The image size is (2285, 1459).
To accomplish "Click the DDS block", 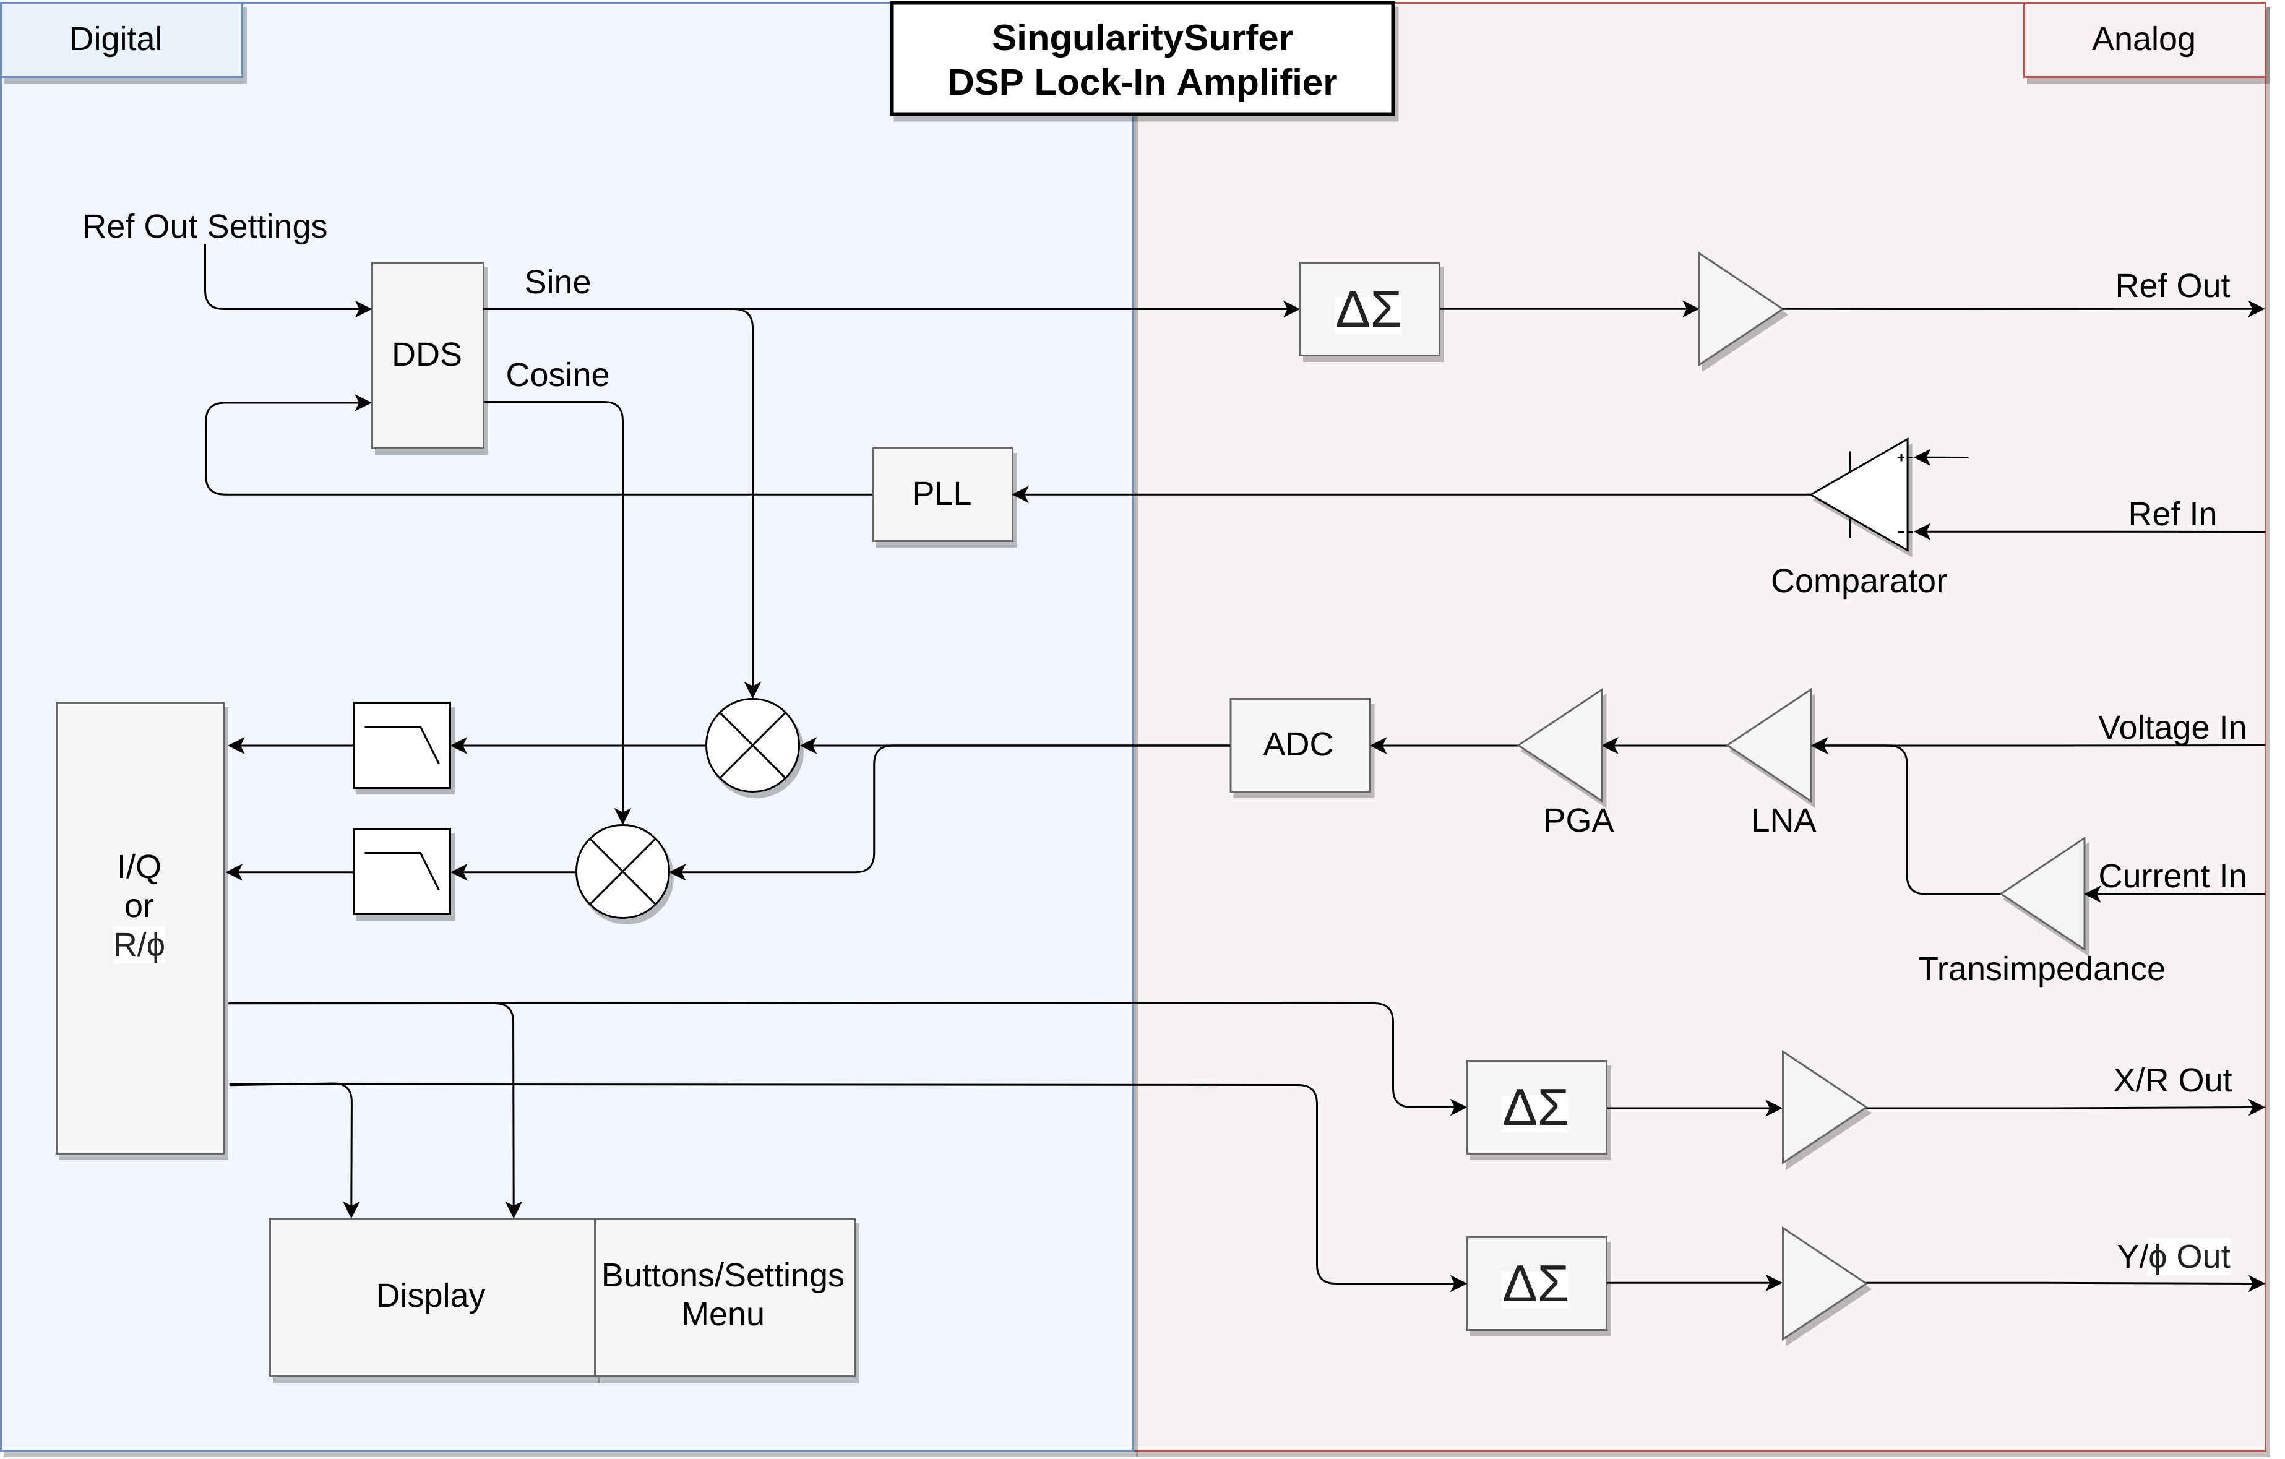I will (427, 355).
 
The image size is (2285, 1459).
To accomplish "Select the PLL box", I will (942, 494).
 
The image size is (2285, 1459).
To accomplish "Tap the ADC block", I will (1299, 745).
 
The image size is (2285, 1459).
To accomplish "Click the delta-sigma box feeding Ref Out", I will (1369, 309).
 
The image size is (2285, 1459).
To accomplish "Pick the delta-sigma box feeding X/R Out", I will (1536, 1107).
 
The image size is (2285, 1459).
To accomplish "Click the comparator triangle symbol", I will (1869, 494).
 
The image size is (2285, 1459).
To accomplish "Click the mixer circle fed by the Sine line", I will (752, 746).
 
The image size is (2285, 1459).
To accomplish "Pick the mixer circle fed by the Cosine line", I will (622, 872).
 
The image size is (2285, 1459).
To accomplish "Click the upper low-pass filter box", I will (402, 746).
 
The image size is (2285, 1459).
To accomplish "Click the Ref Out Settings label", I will (205, 226).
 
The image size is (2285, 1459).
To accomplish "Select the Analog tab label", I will (2143, 40).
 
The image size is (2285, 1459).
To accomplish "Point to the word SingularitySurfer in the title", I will (1142, 38).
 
